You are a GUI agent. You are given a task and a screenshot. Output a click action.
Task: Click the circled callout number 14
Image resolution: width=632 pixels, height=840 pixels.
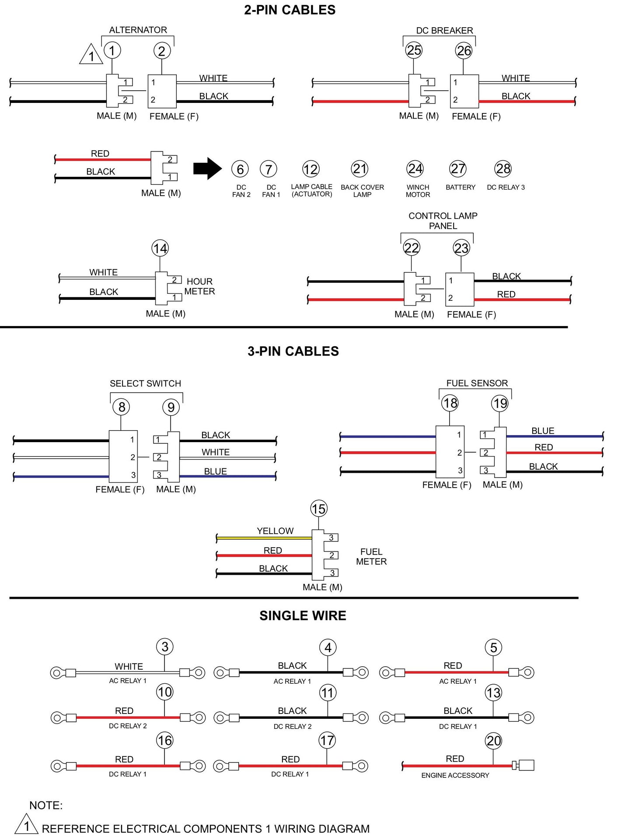tap(160, 249)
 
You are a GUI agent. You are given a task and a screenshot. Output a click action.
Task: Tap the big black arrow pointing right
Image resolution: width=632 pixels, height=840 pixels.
tap(207, 169)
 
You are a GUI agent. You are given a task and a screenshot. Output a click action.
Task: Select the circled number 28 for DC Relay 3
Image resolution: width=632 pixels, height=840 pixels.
tap(503, 169)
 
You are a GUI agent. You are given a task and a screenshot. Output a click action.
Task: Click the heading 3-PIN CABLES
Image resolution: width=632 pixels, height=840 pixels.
tap(293, 351)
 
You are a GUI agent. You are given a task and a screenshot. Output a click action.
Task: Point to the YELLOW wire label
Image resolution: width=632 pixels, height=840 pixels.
tap(275, 531)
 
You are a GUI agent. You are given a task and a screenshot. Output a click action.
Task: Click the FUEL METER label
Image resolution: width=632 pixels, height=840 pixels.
tap(371, 556)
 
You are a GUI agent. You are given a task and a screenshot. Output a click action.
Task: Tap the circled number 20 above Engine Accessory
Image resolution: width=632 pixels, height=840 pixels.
tap(493, 741)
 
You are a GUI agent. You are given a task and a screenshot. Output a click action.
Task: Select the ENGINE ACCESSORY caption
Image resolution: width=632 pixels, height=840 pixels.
tap(455, 775)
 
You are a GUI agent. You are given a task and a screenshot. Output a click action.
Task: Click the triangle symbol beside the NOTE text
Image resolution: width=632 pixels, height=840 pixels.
tap(26, 825)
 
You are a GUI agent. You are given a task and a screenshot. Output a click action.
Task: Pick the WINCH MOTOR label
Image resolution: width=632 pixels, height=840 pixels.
tap(418, 191)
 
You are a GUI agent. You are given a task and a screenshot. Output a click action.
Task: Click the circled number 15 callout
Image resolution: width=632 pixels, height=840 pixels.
tap(318, 509)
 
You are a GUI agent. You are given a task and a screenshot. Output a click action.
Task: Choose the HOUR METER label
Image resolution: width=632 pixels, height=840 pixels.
tap(199, 286)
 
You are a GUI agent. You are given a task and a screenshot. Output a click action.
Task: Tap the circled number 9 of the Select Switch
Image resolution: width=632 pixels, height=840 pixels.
tap(171, 408)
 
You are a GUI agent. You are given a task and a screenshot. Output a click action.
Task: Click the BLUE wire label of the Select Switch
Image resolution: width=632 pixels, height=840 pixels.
tap(215, 471)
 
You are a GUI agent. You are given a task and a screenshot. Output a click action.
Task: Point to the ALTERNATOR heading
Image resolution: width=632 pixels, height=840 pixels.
tap(138, 30)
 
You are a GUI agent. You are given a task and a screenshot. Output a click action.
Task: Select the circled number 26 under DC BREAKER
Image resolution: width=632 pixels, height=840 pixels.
tap(464, 51)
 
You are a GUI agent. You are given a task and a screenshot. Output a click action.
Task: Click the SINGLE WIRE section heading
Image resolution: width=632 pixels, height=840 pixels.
tap(303, 615)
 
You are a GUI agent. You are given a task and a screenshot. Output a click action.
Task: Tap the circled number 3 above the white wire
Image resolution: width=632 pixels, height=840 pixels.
tap(165, 647)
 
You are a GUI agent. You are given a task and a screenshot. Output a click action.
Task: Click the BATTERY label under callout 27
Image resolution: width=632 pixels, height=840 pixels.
tap(460, 187)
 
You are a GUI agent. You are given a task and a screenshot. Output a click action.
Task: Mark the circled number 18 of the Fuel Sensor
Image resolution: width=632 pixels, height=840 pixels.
tap(450, 403)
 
